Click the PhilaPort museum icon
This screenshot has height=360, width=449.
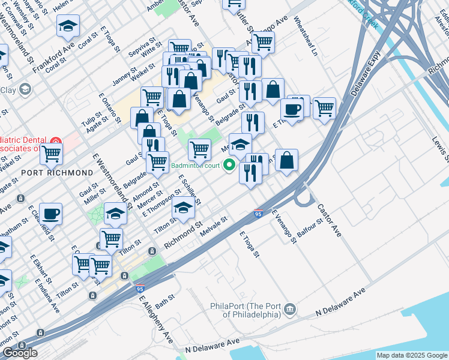click(x=290, y=310)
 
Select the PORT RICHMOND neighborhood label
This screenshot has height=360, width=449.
click(x=50, y=172)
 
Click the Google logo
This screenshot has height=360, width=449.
click(x=20, y=352)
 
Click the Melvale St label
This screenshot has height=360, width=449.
click(x=215, y=226)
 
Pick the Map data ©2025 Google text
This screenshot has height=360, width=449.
click(x=412, y=355)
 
